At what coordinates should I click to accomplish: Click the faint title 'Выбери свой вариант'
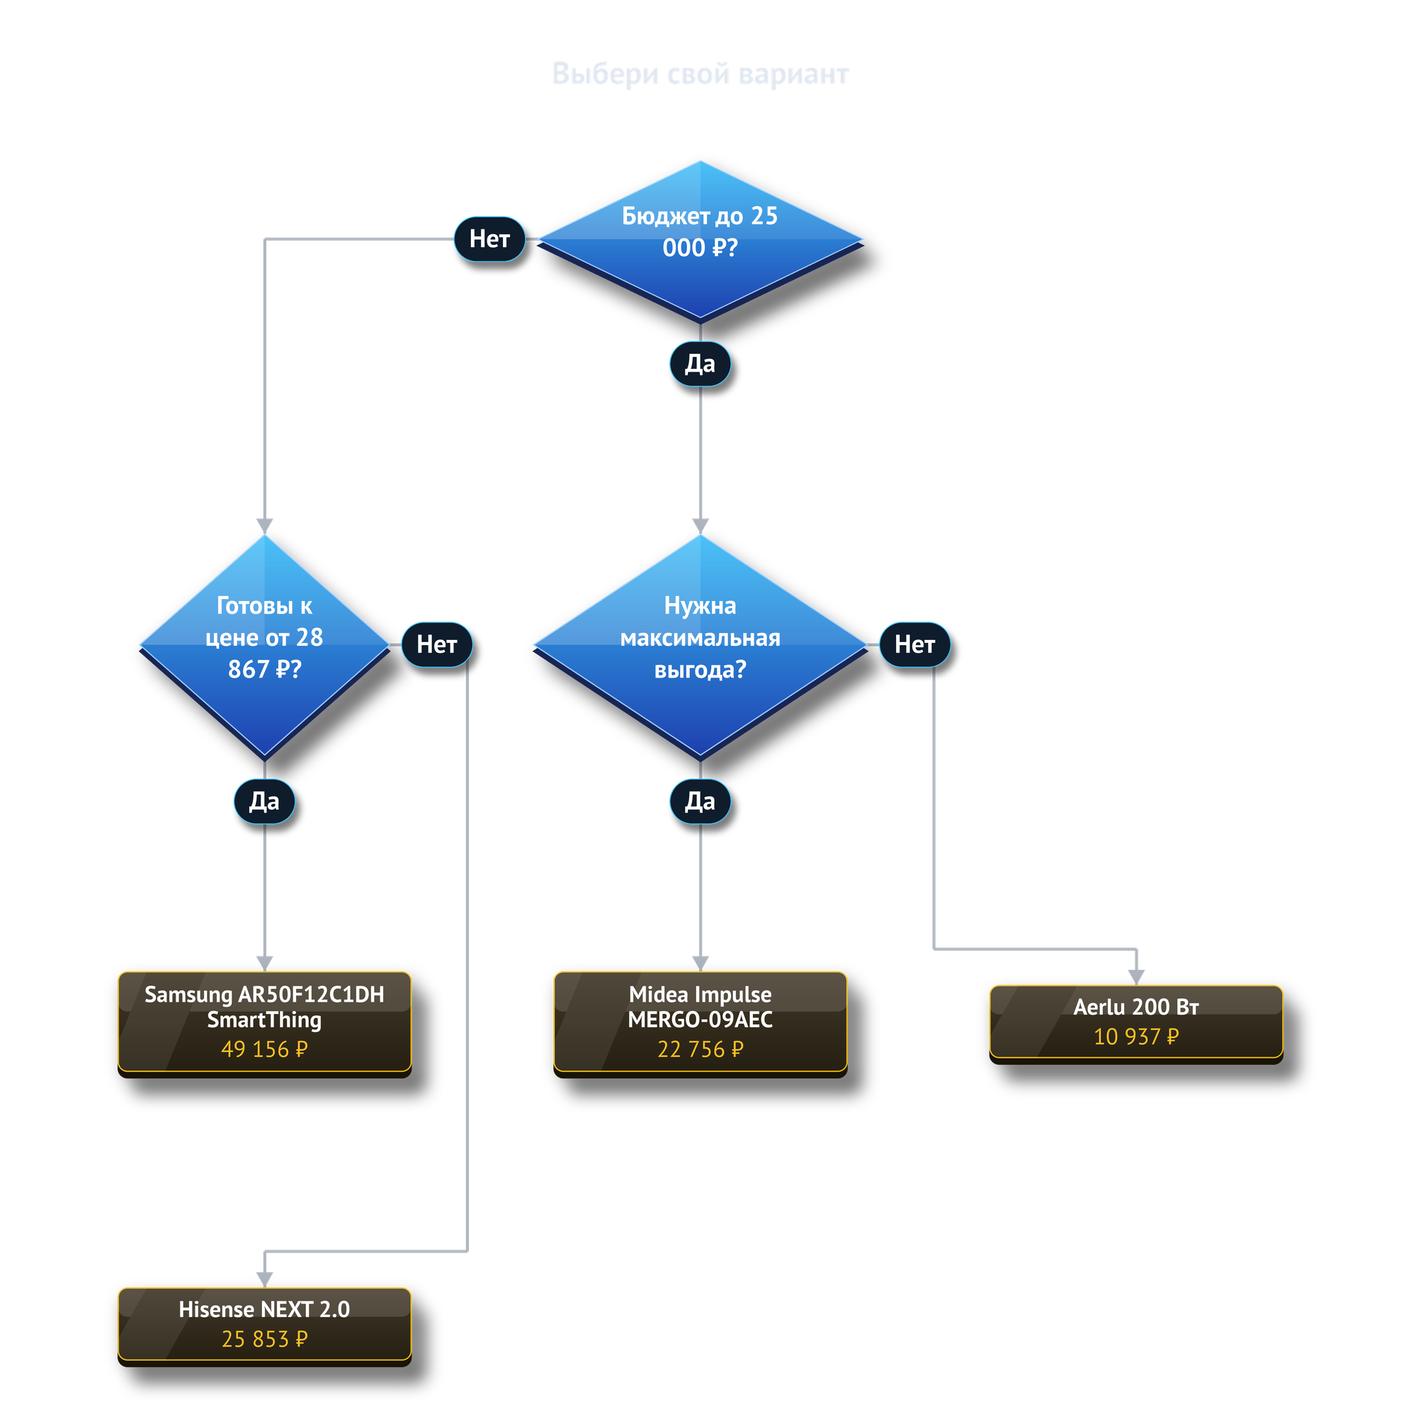click(700, 74)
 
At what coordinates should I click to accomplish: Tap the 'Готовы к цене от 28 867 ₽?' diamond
click(265, 646)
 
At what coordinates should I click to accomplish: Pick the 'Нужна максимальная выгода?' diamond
click(700, 646)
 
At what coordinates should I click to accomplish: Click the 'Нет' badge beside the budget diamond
click(489, 239)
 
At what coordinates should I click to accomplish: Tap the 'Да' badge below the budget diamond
click(700, 363)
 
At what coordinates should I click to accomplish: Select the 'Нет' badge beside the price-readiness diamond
click(437, 644)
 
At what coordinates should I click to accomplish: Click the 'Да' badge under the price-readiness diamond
click(265, 801)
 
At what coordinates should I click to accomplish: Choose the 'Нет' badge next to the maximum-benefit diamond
click(915, 644)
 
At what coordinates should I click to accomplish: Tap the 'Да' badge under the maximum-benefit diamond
click(700, 801)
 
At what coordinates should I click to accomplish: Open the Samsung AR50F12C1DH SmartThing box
click(265, 1024)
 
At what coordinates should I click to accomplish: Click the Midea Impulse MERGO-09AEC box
click(700, 1024)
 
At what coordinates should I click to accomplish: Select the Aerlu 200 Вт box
click(1136, 1024)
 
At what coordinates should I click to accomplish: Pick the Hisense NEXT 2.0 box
click(265, 1327)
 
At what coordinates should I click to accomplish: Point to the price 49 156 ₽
click(265, 1049)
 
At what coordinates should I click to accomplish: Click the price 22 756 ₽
click(700, 1049)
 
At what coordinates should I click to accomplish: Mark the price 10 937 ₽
click(1136, 1037)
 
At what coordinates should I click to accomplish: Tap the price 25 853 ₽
click(265, 1339)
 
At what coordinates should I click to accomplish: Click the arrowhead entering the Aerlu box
click(1136, 978)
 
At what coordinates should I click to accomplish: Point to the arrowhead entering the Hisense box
click(265, 1279)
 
